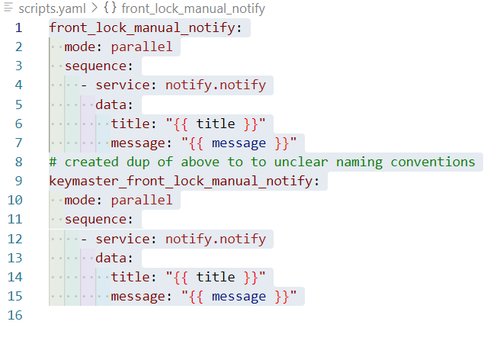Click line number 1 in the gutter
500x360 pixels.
point(18,27)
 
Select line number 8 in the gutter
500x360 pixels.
point(18,162)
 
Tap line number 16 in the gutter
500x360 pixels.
point(15,315)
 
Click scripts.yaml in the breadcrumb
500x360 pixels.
point(52,8)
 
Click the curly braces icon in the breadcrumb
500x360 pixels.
point(110,8)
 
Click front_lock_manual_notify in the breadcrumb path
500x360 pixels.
point(194,8)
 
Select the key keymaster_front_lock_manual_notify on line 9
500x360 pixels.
point(181,181)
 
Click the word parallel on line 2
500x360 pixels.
point(142,47)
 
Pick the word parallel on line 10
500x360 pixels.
point(142,200)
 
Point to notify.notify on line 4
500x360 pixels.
point(216,85)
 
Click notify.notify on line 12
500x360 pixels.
point(216,239)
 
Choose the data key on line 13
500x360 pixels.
point(111,258)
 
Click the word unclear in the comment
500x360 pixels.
point(301,162)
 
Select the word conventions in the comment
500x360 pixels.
point(433,162)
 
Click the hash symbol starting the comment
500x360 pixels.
point(53,162)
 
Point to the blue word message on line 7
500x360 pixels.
point(239,143)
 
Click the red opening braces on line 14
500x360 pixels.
point(181,277)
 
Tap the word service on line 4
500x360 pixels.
point(122,85)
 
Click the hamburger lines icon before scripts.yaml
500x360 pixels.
point(8,8)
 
